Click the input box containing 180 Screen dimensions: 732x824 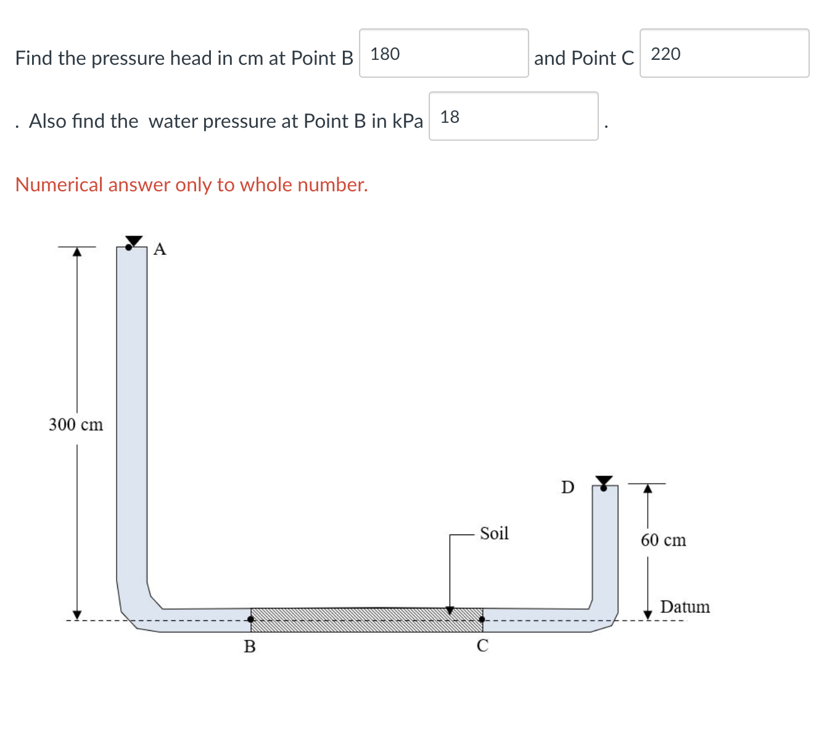click(443, 54)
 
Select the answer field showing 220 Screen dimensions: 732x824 click(724, 54)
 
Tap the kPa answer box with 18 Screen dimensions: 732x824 click(513, 117)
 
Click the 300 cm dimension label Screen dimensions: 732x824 click(76, 425)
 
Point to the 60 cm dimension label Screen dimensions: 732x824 click(663, 540)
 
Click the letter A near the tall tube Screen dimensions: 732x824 click(160, 249)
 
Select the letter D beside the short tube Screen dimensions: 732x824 click(567, 487)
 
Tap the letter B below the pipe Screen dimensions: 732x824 click(250, 646)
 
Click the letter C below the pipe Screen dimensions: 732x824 click(482, 646)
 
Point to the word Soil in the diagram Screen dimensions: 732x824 click(494, 533)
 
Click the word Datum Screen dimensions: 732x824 click(685, 607)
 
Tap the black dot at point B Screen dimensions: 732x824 click(250, 619)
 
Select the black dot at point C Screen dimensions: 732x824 click(482, 619)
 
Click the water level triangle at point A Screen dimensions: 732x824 click(134, 240)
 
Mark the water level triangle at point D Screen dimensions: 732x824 click(604, 480)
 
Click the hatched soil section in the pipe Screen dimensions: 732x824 click(366, 620)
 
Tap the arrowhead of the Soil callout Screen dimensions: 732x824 click(450, 610)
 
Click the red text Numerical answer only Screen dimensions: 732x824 click(191, 185)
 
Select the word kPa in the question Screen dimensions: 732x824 click(407, 121)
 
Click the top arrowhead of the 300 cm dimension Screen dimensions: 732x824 click(76, 252)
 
